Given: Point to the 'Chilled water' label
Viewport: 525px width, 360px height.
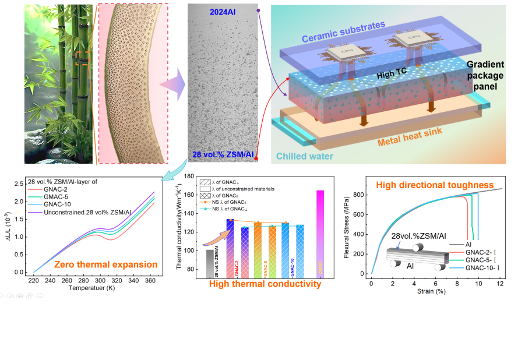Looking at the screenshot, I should point(305,156).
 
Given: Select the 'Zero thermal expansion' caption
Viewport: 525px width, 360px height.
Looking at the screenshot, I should point(105,264).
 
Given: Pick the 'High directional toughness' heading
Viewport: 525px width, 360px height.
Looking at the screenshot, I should point(435,185).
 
